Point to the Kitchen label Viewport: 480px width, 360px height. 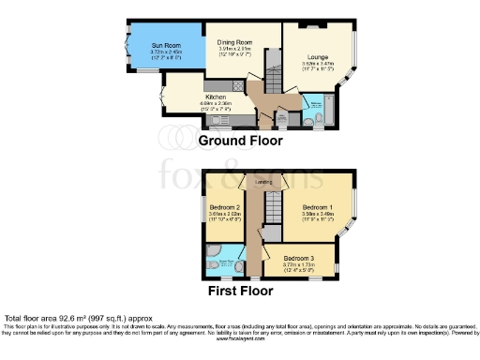tap(217, 96)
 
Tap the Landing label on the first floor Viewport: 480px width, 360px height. tap(264, 182)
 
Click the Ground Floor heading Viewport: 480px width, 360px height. tap(240, 141)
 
